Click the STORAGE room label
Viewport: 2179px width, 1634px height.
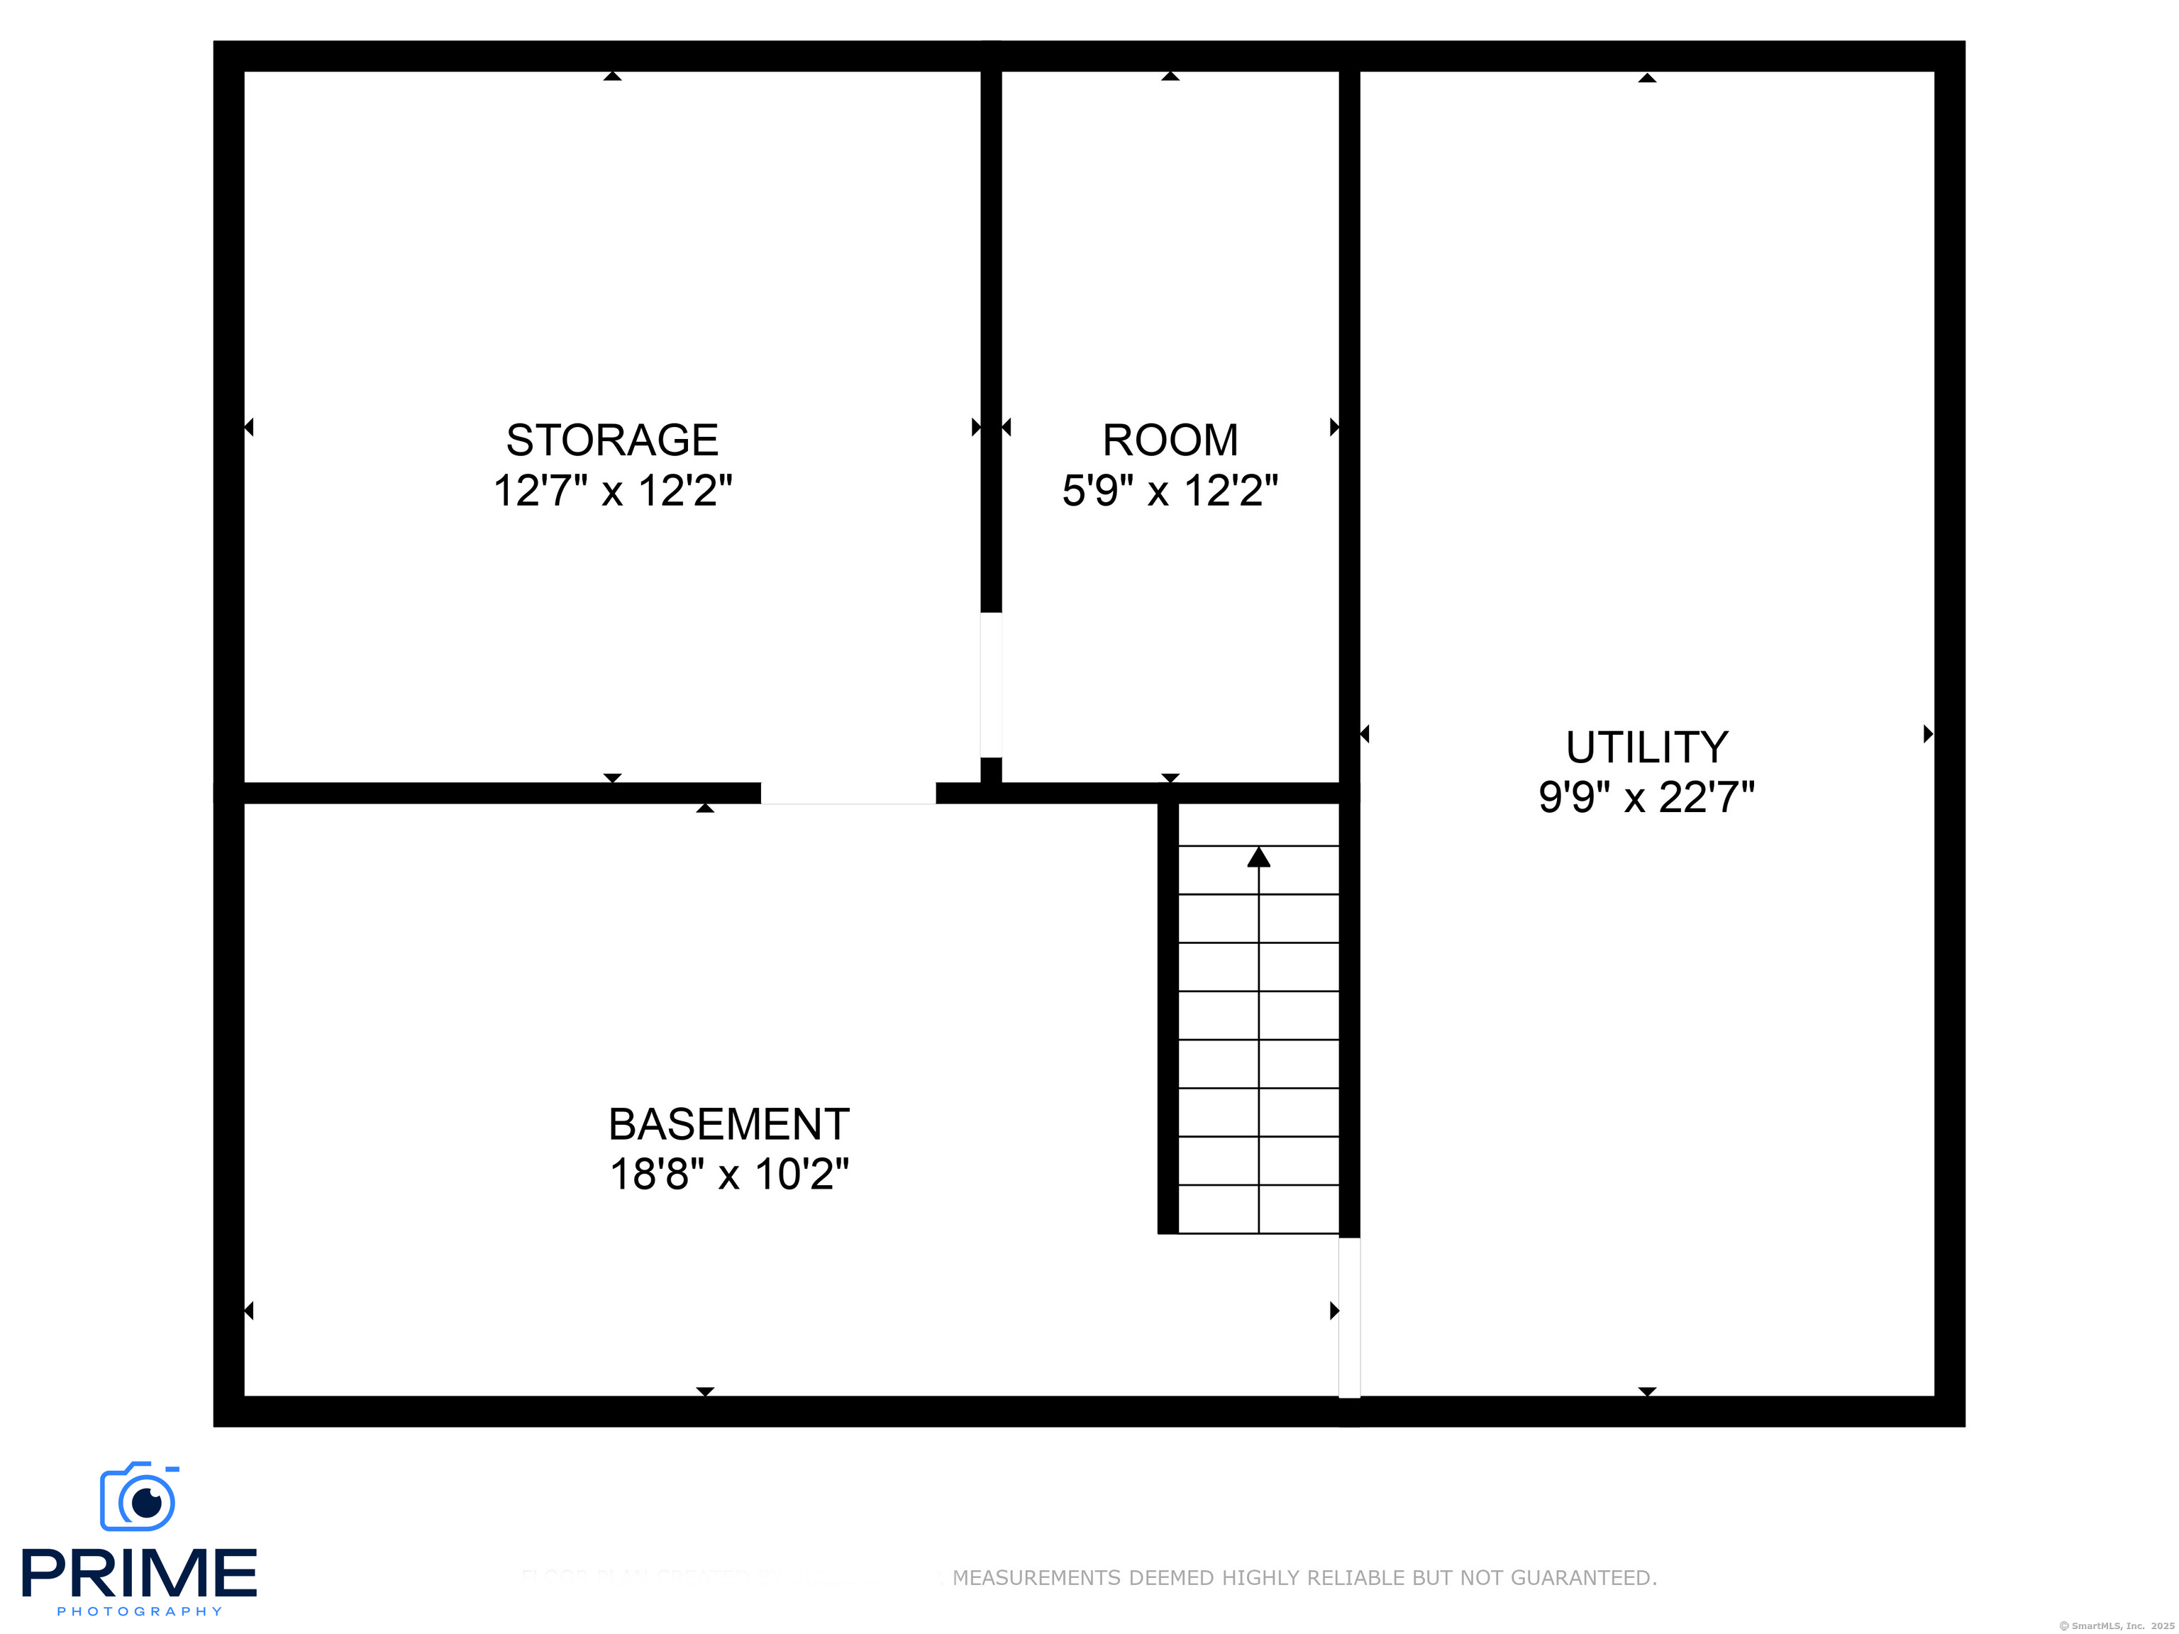coord(611,440)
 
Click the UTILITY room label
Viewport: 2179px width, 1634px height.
coord(1646,747)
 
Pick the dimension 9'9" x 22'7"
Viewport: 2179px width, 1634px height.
coord(1646,797)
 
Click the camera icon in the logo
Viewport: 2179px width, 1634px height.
coord(139,1497)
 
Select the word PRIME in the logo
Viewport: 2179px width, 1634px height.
coord(139,1572)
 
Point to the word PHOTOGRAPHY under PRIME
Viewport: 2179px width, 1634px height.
coord(139,1612)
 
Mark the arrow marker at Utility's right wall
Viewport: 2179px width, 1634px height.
coord(1928,734)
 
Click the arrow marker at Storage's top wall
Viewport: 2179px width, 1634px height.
coord(611,76)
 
